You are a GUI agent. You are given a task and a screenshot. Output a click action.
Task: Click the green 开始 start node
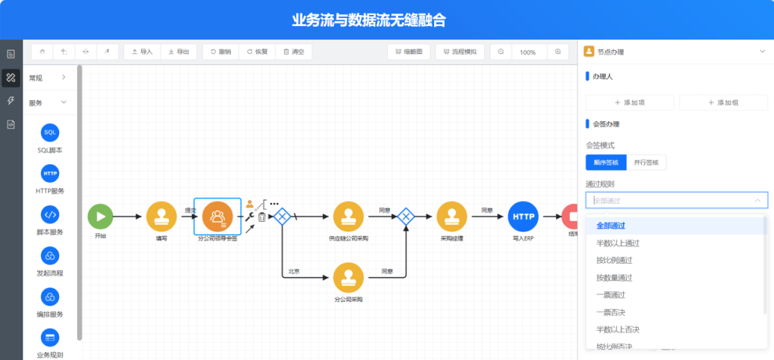click(100, 217)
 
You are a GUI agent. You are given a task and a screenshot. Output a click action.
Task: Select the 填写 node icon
click(161, 217)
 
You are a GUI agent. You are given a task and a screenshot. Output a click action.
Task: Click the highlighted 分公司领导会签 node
click(217, 217)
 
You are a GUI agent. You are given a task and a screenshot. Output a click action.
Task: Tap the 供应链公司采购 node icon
click(348, 217)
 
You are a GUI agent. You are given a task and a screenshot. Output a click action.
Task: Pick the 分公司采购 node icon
click(348, 277)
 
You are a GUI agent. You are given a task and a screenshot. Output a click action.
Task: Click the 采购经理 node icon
click(452, 217)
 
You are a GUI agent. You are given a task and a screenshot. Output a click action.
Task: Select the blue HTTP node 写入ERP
click(523, 217)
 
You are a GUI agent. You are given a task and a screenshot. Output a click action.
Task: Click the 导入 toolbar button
click(142, 52)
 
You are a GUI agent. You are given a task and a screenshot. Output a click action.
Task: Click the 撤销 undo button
click(220, 52)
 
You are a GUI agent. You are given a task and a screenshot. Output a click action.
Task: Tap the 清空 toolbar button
click(293, 52)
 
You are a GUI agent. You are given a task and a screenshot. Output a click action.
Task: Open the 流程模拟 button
click(460, 52)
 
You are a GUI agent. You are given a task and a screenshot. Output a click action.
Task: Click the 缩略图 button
click(408, 52)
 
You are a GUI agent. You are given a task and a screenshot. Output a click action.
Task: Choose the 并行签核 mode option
click(646, 162)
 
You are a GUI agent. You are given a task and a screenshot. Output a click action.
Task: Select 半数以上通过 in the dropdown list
click(617, 243)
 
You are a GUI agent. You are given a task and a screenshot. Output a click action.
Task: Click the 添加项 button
click(630, 102)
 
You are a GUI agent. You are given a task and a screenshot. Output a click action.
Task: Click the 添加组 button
click(723, 102)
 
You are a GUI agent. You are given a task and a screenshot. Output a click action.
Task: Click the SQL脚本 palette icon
click(50, 132)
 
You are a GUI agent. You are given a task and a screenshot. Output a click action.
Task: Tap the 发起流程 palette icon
click(50, 256)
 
